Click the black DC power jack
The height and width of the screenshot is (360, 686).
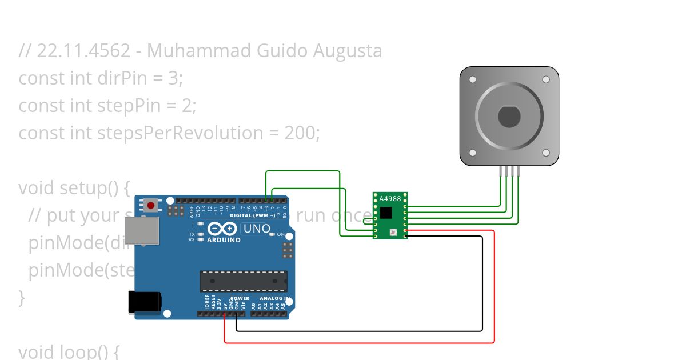[x=144, y=302]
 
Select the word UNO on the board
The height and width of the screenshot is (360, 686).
[x=257, y=229]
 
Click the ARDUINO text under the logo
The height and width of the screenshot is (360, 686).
[x=224, y=240]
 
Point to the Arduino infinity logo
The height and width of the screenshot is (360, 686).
[x=223, y=229]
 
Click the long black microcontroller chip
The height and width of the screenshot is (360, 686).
[x=244, y=281]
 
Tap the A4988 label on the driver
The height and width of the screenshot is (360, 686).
[x=390, y=199]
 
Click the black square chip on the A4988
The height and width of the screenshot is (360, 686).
[x=386, y=213]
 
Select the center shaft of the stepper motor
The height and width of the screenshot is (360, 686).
[x=509, y=117]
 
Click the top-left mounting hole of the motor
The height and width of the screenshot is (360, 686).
[x=472, y=79]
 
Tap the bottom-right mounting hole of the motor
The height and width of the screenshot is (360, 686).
[x=546, y=153]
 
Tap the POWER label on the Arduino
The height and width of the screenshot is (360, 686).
[x=240, y=298]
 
